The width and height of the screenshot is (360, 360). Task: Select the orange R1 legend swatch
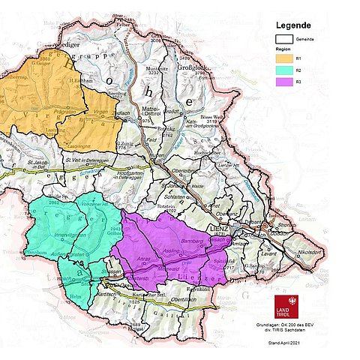(285, 57)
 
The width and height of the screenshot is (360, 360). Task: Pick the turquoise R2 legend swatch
(285, 69)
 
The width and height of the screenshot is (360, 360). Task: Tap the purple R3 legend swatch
(285, 81)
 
